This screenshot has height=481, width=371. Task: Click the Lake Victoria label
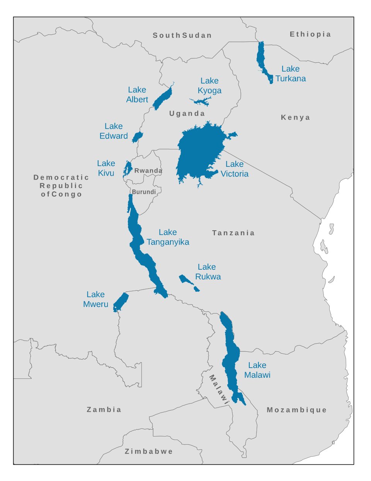coord(234,169)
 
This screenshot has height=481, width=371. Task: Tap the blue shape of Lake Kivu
coord(127,169)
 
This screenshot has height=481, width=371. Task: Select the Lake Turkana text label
coord(290,74)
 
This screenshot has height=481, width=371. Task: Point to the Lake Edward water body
coord(137,137)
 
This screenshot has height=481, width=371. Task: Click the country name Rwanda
coord(148,171)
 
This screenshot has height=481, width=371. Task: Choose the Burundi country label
coord(144,192)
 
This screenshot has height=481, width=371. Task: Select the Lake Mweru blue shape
coord(121,301)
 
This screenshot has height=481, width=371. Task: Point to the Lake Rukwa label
coord(208,272)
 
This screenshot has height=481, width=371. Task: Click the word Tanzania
coord(233,233)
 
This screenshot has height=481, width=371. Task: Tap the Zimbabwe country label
coord(149,451)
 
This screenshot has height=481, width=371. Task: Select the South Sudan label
coord(182,36)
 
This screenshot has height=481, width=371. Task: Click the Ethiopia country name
coord(310,34)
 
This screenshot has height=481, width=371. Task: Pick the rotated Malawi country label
coord(219,390)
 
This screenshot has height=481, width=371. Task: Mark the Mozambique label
coord(296,410)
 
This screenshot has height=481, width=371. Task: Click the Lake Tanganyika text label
coord(168,237)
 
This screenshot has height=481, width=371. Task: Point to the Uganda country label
coord(187,113)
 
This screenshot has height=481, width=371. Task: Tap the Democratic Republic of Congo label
coord(61,186)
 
